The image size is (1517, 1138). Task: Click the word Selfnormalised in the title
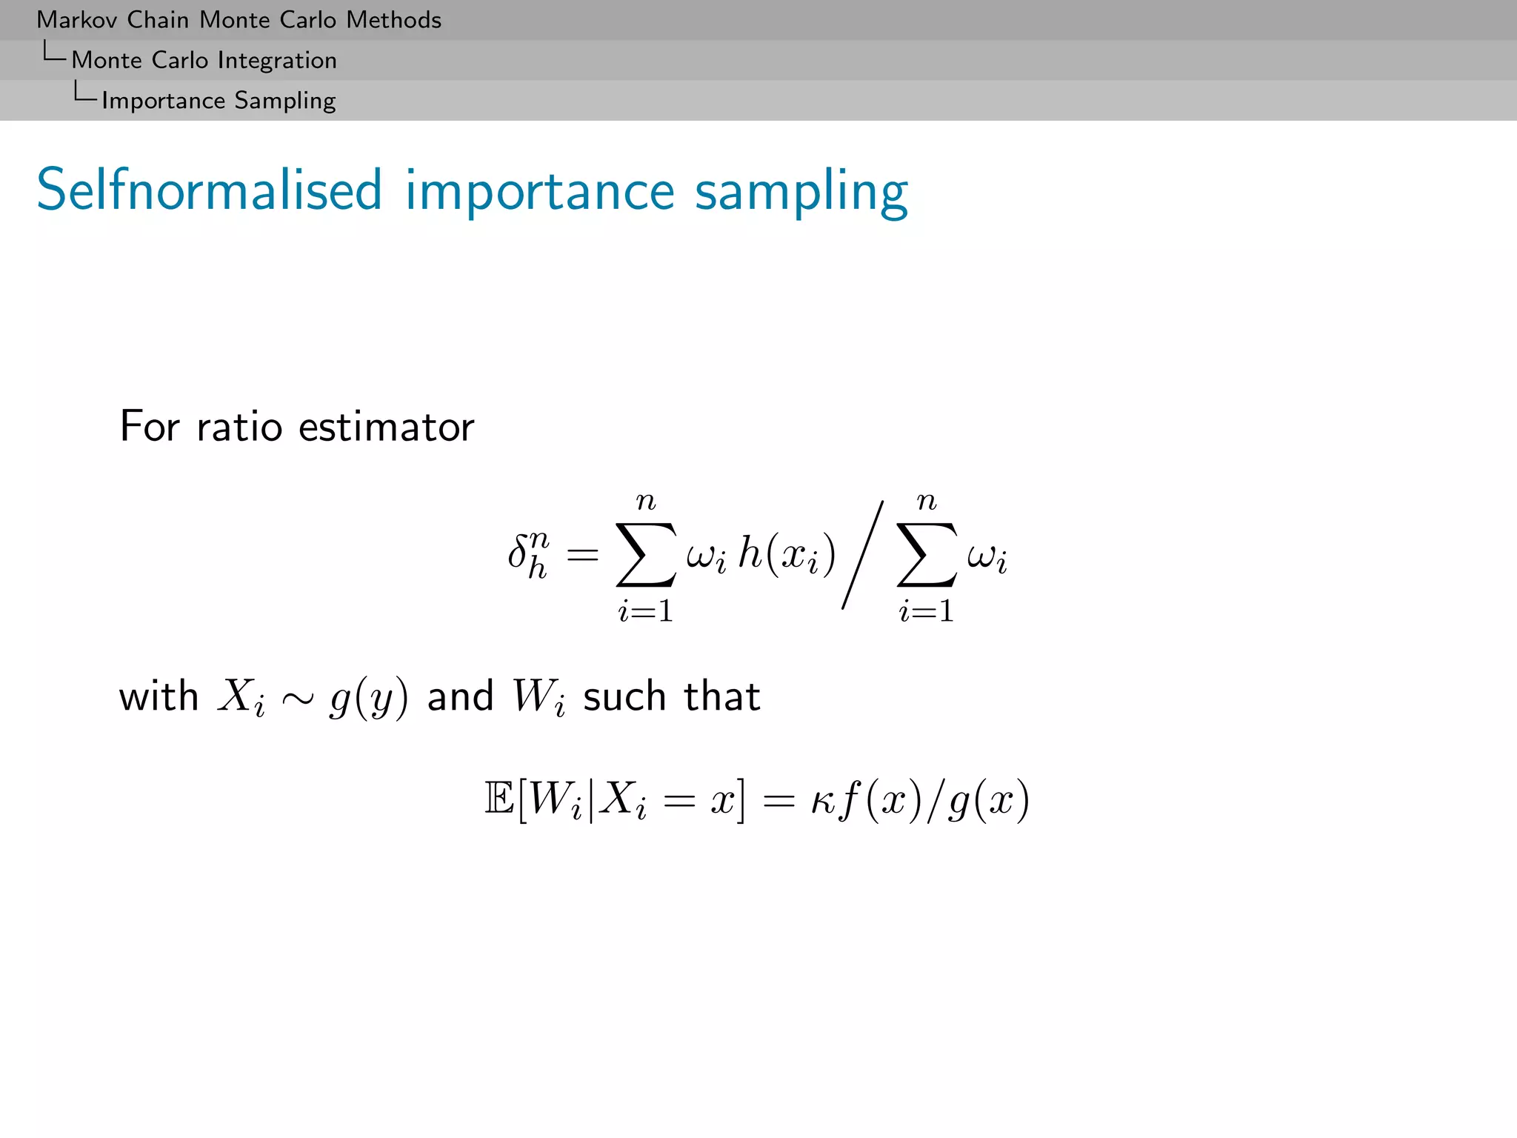tap(209, 190)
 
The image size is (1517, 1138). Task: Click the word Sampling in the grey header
tap(284, 101)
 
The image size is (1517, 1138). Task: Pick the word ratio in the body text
tap(239, 427)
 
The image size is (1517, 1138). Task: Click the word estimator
tap(386, 427)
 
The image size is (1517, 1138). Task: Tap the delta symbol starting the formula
tap(519, 552)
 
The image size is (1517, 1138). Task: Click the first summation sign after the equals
tap(645, 554)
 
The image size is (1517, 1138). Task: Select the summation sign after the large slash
tap(926, 554)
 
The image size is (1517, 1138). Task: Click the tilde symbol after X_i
tap(298, 698)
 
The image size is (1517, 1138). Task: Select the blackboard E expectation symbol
tap(499, 799)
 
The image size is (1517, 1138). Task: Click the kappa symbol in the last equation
tap(824, 800)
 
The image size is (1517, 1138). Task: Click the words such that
tap(671, 696)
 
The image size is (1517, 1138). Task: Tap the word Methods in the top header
tap(393, 20)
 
